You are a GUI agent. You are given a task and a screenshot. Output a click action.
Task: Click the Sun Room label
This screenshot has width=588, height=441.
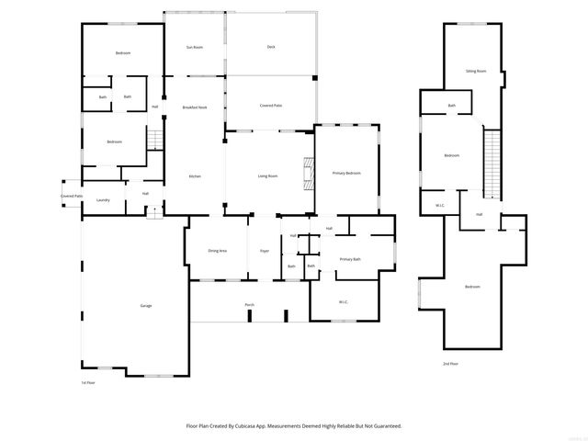point(194,47)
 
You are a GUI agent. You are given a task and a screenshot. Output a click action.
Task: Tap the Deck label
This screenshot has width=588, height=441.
point(271,47)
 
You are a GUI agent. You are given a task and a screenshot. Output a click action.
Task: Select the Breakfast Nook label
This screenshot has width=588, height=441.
point(194,107)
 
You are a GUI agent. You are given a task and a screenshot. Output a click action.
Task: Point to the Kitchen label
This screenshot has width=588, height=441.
point(195,176)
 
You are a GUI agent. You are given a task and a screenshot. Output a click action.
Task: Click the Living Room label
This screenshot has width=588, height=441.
point(267,176)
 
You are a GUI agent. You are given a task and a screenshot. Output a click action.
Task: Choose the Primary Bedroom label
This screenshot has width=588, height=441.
point(346,173)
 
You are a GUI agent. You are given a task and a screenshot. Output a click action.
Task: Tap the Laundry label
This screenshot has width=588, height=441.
point(103,200)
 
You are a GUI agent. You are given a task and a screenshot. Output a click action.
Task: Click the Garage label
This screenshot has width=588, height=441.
point(146,305)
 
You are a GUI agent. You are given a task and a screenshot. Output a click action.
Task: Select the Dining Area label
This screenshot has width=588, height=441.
point(217,250)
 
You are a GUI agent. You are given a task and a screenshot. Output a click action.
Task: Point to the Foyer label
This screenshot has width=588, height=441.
point(264,250)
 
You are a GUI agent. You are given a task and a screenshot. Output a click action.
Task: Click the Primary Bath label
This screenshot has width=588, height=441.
point(350,260)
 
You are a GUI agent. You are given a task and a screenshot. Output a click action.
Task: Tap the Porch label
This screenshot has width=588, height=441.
point(249,304)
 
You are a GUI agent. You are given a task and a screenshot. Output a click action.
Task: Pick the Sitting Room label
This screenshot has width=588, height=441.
point(475,71)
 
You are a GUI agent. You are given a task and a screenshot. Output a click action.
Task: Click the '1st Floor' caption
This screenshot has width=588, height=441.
point(88,382)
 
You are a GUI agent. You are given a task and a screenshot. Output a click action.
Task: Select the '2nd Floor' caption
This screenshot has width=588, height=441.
point(450,364)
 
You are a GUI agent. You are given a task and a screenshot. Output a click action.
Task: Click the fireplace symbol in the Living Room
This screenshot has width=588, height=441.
point(310,173)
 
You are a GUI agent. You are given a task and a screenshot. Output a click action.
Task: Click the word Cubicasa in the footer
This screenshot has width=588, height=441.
point(261,426)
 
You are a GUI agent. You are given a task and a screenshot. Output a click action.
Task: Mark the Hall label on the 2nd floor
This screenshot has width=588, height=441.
point(480,214)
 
